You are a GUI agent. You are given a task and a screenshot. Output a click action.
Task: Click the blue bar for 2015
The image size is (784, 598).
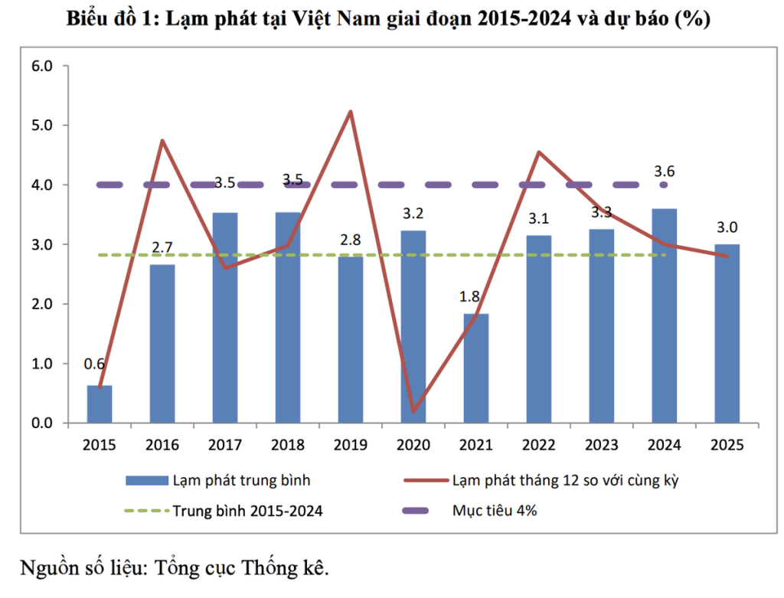tap(100, 404)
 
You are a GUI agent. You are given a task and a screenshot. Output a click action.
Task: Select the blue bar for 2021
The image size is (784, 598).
tap(475, 368)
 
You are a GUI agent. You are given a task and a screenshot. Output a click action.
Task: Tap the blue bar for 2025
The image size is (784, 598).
tap(727, 333)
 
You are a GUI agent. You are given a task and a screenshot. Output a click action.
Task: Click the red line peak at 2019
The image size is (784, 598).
tap(350, 112)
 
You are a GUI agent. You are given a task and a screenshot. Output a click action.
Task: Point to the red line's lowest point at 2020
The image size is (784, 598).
tap(413, 411)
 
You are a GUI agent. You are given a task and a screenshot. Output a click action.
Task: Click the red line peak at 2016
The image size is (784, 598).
tap(162, 140)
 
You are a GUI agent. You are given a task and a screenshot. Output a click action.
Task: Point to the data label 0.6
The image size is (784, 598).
tap(94, 364)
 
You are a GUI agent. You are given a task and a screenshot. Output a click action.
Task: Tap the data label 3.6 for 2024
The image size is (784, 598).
tap(663, 171)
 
